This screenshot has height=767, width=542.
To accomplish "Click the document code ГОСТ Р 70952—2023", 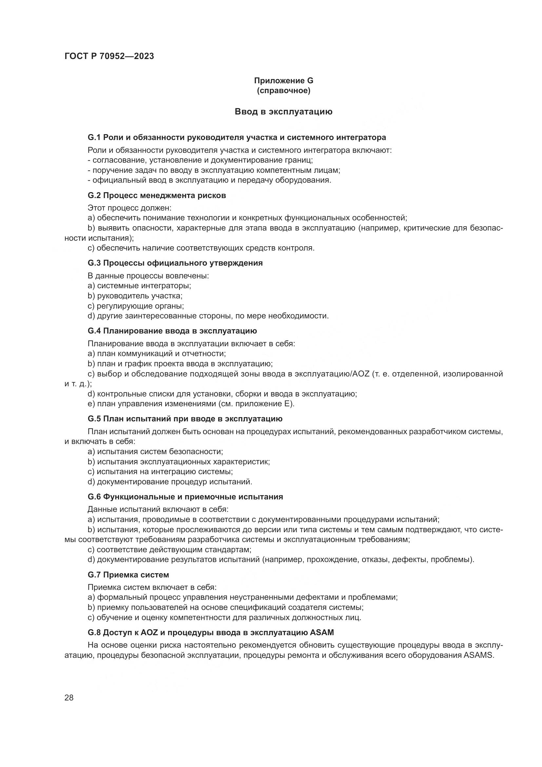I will click(x=109, y=56).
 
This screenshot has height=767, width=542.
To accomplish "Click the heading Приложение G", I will click(x=283, y=81).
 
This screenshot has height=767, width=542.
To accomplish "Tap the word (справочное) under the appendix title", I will click(x=283, y=91).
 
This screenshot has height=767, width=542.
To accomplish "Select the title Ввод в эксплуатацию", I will click(x=283, y=111).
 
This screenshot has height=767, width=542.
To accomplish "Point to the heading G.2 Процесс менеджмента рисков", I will click(x=157, y=195).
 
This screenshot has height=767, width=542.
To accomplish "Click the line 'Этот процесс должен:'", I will click(x=129, y=208).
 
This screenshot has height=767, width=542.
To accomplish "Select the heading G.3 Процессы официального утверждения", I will click(x=175, y=263).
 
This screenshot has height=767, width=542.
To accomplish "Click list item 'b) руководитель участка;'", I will click(x=135, y=296).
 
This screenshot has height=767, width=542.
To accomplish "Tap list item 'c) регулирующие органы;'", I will click(x=136, y=306).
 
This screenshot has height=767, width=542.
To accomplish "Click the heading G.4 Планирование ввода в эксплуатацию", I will click(x=172, y=331).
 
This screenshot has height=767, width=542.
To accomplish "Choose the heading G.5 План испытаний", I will click(x=185, y=418).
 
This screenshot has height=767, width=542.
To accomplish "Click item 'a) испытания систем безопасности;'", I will click(x=155, y=452).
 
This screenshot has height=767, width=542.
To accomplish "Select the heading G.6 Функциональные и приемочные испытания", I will click(x=185, y=497).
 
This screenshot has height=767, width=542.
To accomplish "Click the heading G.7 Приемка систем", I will click(x=128, y=575).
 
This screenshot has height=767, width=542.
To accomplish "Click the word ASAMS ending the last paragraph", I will click(x=478, y=655).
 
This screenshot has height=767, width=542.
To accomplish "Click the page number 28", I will click(x=69, y=697).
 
